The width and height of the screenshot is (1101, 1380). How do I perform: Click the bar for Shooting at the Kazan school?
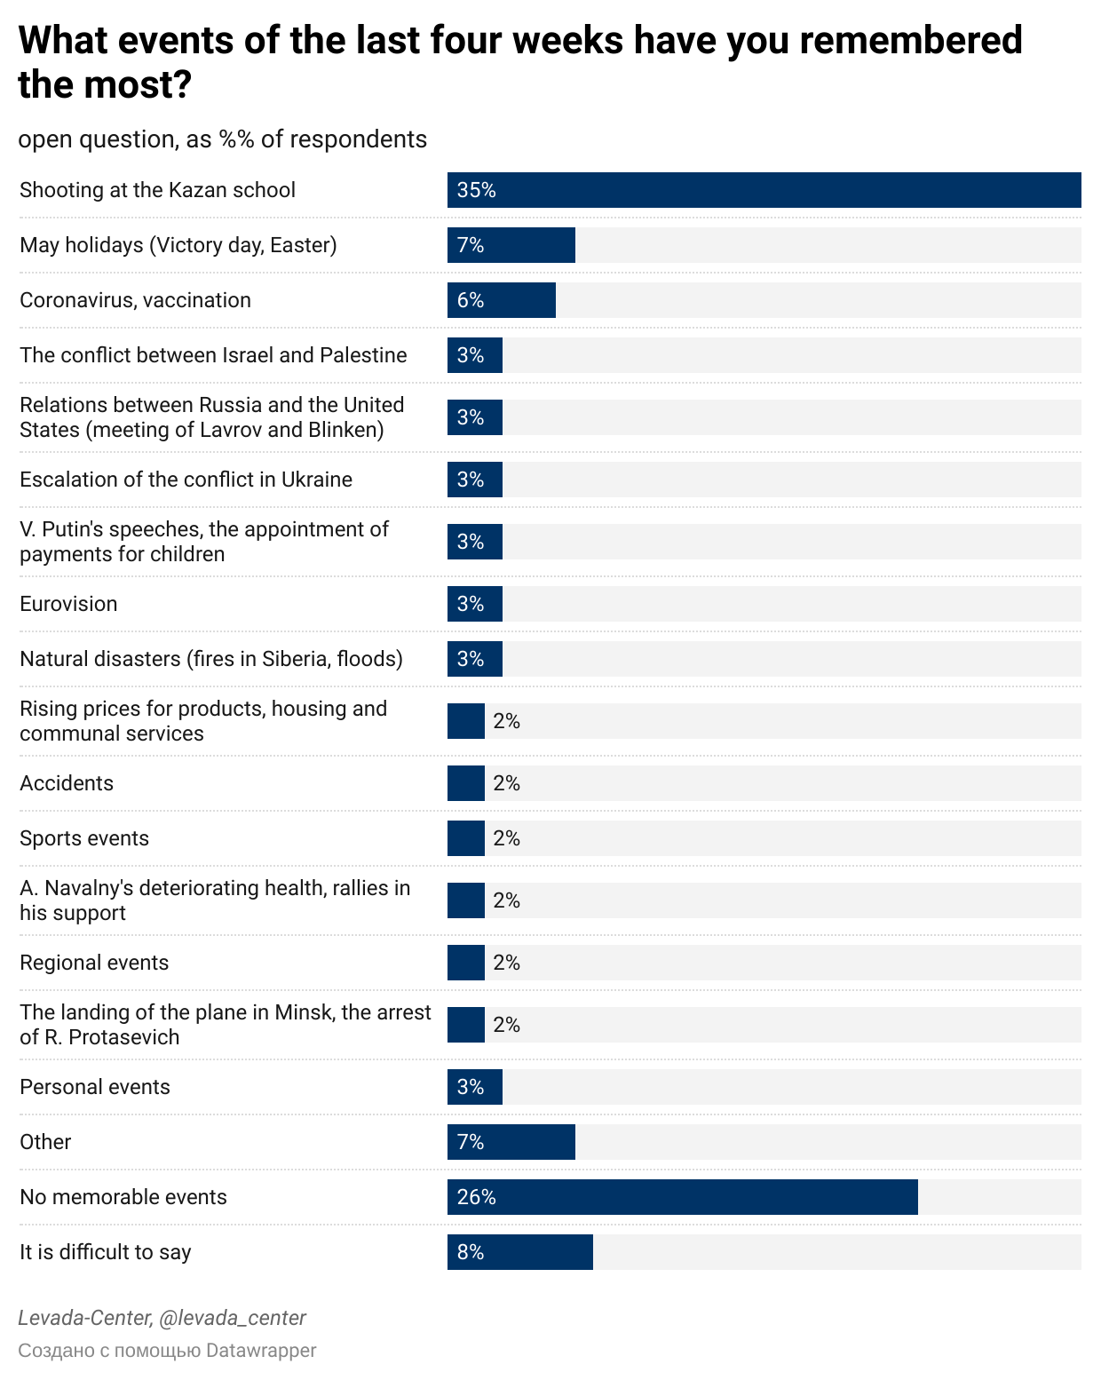tap(764, 190)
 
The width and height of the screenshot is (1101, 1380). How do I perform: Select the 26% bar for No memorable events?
tap(682, 1196)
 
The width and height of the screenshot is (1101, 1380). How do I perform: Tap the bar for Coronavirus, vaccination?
tap(502, 300)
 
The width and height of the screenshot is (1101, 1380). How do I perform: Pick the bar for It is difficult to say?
tap(520, 1252)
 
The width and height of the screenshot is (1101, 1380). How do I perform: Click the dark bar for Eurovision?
tap(475, 604)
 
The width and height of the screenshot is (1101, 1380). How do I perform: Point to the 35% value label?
tap(477, 190)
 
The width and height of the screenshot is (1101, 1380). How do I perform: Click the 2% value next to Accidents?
tap(507, 783)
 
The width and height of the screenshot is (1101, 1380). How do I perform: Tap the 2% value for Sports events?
tap(507, 838)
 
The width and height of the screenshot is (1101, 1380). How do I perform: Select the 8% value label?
tap(471, 1252)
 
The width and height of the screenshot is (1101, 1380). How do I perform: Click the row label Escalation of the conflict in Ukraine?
tap(186, 479)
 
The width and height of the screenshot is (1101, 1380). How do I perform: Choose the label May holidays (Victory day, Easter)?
tap(178, 245)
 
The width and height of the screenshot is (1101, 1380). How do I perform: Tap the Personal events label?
tap(95, 1086)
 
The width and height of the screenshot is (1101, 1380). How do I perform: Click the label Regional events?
tap(94, 962)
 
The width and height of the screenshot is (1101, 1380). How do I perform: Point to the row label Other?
tap(45, 1141)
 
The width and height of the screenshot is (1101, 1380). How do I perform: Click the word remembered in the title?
tap(911, 40)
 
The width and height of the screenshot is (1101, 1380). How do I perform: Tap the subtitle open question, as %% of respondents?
tap(223, 139)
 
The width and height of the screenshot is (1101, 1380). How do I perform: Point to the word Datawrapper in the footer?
tap(261, 1350)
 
